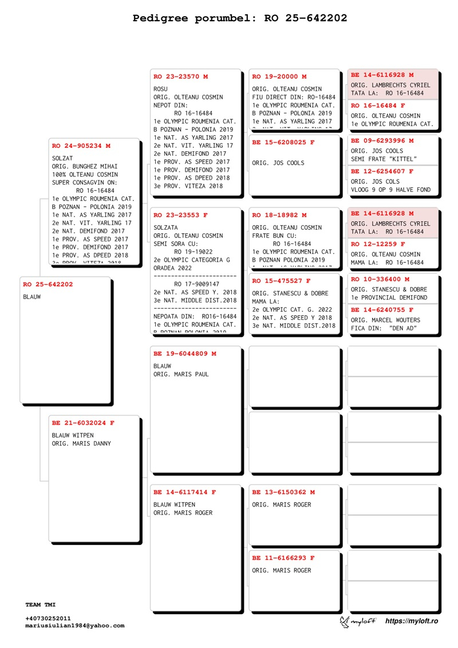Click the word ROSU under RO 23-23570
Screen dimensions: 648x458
[x=161, y=89]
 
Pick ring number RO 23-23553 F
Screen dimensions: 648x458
[x=181, y=215]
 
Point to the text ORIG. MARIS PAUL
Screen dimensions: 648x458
[x=181, y=374]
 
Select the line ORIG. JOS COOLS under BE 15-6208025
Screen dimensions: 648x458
[x=278, y=163]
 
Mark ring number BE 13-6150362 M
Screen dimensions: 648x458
[x=283, y=492]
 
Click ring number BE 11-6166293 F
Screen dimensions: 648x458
[x=283, y=557]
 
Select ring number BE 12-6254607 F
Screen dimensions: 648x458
[x=382, y=171]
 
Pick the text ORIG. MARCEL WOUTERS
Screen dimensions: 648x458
[x=385, y=320]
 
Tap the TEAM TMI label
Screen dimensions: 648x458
[x=41, y=604]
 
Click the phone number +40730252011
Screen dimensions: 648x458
[x=48, y=619]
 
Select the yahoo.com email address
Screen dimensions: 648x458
[x=74, y=626]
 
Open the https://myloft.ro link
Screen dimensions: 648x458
[x=412, y=621]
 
